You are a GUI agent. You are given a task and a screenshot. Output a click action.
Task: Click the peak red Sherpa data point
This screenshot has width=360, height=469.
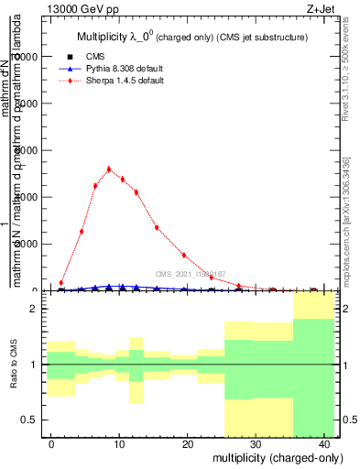coord(109,169)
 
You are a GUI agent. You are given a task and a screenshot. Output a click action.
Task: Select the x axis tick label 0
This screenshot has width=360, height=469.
coord(51,444)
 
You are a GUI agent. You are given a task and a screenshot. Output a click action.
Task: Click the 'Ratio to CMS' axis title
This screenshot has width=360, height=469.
coord(12,365)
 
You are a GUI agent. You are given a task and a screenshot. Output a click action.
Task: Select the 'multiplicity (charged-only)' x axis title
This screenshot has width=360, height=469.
coord(270,457)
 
